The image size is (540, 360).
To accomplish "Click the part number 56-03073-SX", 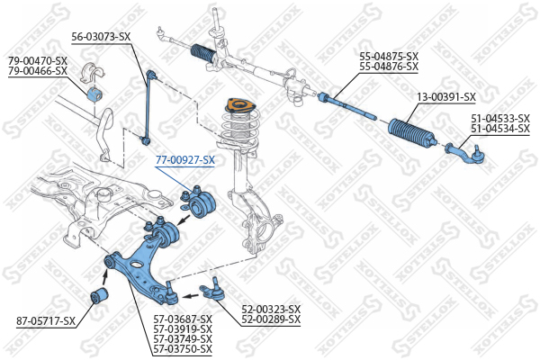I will (x=101, y=37).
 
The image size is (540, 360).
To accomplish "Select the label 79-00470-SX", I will (x=38, y=60).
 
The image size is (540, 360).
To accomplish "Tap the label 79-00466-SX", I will (x=38, y=70).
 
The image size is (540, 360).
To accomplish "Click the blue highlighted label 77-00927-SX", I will (x=185, y=160).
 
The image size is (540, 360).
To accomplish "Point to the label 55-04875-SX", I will (x=389, y=56).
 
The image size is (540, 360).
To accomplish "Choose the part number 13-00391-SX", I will (x=445, y=96).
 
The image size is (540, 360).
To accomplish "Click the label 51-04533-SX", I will (x=500, y=118).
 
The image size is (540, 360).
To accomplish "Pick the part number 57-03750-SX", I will (x=182, y=348).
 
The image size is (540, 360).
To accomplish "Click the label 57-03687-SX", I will (x=182, y=319).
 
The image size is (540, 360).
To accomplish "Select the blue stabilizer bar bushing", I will (x=94, y=93).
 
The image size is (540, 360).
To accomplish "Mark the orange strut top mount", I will (x=239, y=109).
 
